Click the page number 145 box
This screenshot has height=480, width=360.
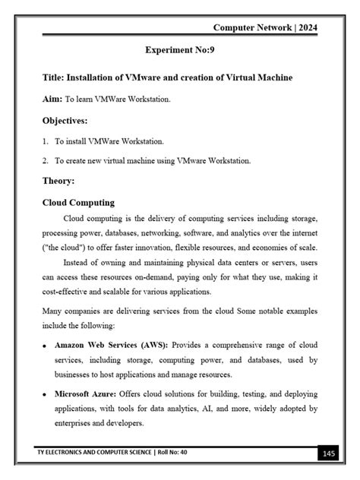click(x=328, y=453)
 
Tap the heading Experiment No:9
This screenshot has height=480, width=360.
click(x=180, y=50)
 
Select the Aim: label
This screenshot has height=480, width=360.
click(x=52, y=99)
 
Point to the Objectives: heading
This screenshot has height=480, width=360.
click(x=65, y=121)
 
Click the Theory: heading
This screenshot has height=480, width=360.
click(x=58, y=181)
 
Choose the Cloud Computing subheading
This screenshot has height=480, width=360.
click(x=78, y=203)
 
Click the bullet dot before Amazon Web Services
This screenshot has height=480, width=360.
click(x=46, y=346)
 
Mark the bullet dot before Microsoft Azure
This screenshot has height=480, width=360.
click(x=46, y=396)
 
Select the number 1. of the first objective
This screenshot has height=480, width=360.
click(x=46, y=141)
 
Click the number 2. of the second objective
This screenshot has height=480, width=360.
click(x=46, y=161)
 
